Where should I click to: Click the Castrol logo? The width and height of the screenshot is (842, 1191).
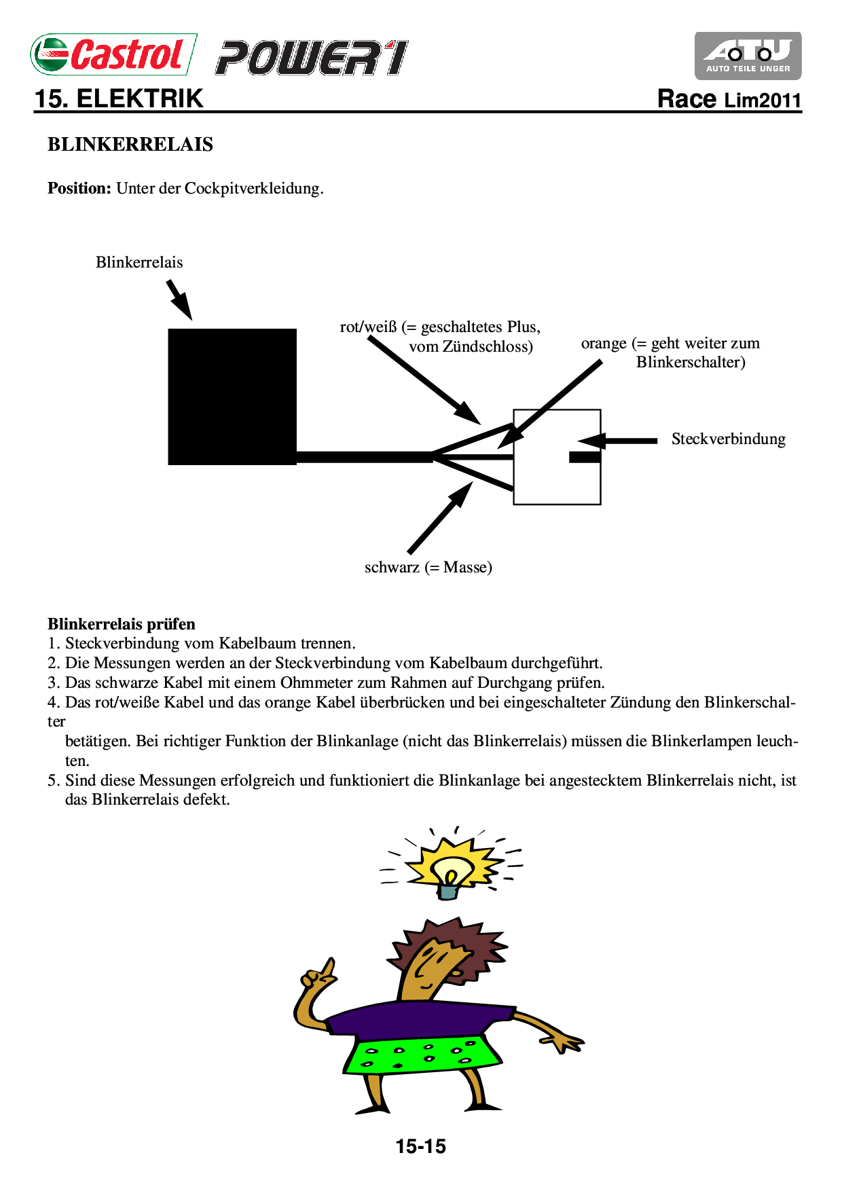coord(113,54)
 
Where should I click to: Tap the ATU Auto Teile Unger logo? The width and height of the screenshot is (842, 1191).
coord(748,56)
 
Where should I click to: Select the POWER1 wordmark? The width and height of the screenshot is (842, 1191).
coord(312,58)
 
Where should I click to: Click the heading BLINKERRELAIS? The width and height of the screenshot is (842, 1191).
coord(130,145)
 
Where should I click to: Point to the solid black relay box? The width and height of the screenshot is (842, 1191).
coord(232,397)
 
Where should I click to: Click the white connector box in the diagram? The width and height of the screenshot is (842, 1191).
coord(557,475)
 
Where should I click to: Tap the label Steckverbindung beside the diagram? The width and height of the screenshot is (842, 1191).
coord(728,439)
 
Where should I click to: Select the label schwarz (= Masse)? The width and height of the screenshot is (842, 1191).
coord(428,568)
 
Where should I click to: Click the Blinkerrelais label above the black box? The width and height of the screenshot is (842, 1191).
coord(139,263)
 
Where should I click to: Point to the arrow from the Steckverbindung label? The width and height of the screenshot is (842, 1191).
coord(618,441)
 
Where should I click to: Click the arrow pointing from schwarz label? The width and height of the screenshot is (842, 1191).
coord(440,517)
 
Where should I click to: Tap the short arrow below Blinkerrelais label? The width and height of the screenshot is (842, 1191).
coord(180,299)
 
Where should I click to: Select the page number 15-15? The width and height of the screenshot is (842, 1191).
coord(421,1147)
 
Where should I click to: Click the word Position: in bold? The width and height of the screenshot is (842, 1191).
coord(79,189)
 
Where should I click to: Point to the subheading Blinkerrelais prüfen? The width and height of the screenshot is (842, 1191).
coord(122,625)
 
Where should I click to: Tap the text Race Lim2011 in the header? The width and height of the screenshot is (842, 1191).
coord(729,100)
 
